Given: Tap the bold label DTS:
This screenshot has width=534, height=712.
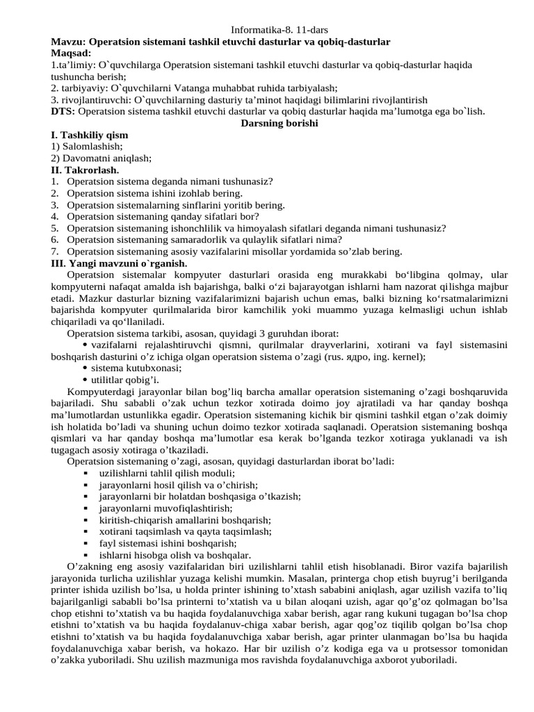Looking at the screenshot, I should click(x=63, y=111).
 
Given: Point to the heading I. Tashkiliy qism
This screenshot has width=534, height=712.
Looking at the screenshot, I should click(x=90, y=135).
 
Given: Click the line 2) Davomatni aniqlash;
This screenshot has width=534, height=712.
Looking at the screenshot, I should click(x=102, y=158).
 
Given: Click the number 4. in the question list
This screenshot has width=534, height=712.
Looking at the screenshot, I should click(x=55, y=216).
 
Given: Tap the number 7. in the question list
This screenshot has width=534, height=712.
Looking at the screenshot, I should click(x=55, y=251).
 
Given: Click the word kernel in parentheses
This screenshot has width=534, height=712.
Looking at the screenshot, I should click(x=408, y=356).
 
